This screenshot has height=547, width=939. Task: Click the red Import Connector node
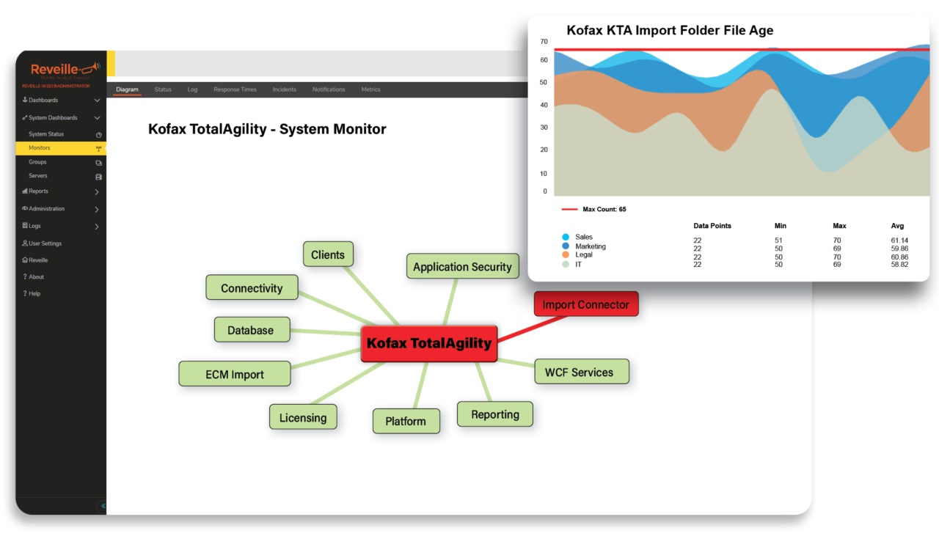click(586, 304)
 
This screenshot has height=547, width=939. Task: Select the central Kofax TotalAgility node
click(429, 343)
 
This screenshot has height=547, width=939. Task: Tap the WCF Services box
click(579, 372)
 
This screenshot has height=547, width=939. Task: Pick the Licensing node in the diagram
click(303, 417)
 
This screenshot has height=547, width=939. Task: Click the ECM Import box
click(235, 374)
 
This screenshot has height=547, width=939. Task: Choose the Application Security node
click(462, 266)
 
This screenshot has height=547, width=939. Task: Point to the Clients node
click(328, 254)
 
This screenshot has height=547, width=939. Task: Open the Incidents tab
click(285, 89)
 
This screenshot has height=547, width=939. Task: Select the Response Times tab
click(235, 89)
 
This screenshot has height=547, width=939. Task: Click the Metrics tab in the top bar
click(370, 89)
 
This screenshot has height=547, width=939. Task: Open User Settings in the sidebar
click(45, 243)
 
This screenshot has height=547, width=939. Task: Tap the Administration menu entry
click(46, 209)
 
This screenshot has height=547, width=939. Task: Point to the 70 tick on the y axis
click(544, 42)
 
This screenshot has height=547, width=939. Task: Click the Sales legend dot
click(566, 238)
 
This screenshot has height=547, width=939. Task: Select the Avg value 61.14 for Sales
click(899, 241)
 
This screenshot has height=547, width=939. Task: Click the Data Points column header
click(712, 226)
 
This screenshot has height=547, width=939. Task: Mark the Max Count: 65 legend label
click(604, 210)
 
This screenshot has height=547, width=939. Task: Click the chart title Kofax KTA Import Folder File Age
click(670, 31)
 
